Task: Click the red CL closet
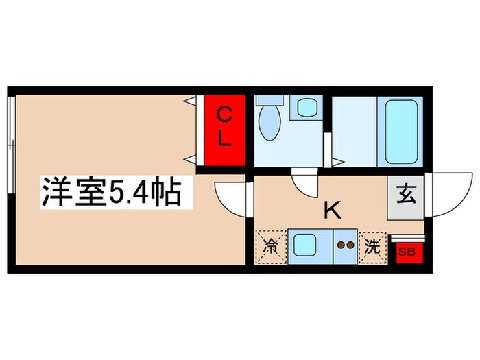(224, 130)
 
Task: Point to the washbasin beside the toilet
(306, 108)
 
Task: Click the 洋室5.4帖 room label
(110, 193)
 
